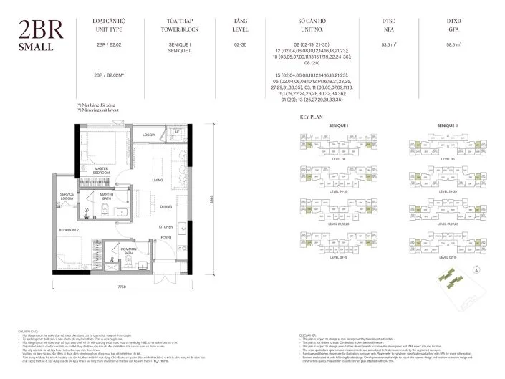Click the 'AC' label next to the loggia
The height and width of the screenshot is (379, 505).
177,133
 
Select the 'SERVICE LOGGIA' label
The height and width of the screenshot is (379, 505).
67,196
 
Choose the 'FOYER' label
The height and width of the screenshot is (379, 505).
165,236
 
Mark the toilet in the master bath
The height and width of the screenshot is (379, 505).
105,210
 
